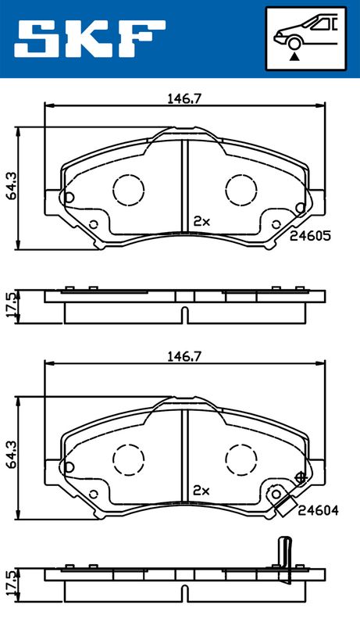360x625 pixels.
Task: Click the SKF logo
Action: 90,38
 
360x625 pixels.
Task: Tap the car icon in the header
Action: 306,34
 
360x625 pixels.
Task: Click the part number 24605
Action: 310,236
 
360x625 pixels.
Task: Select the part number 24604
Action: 318,510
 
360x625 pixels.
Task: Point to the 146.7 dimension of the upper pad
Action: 184,99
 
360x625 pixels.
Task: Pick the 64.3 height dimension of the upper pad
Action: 11,187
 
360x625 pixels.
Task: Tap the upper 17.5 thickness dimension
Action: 11,305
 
